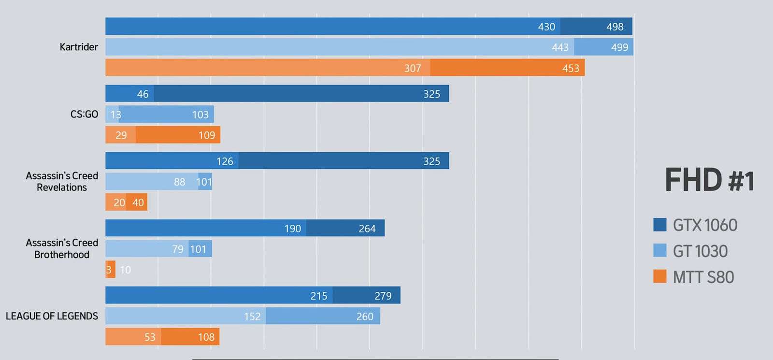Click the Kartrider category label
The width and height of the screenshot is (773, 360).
click(x=79, y=47)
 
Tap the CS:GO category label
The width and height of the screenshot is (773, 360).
click(x=84, y=115)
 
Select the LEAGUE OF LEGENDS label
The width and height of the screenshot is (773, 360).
click(x=52, y=316)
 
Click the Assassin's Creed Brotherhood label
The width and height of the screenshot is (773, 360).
click(x=62, y=248)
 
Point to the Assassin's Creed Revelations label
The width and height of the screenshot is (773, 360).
click(x=62, y=181)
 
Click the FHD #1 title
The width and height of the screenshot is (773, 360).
click(x=709, y=180)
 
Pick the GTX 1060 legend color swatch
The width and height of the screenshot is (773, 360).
click(x=659, y=225)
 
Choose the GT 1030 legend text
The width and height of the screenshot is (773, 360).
click(x=700, y=251)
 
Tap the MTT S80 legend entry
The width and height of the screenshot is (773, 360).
click(x=703, y=277)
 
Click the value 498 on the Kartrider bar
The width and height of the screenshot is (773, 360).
click(x=615, y=27)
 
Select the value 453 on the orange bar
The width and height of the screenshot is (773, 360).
click(x=571, y=69)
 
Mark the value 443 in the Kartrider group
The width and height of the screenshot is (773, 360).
click(x=560, y=47)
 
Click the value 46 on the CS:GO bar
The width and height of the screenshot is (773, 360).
click(x=143, y=94)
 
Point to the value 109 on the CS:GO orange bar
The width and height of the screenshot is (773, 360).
click(x=207, y=135)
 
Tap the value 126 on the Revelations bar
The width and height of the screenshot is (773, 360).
click(x=225, y=161)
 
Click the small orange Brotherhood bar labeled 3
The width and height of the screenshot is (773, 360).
click(x=110, y=270)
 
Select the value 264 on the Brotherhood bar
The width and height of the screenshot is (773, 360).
click(x=367, y=229)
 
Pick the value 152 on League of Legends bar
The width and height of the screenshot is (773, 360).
click(x=252, y=317)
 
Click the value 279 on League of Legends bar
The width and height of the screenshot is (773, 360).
click(x=383, y=296)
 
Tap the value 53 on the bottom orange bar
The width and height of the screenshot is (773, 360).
click(x=150, y=337)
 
